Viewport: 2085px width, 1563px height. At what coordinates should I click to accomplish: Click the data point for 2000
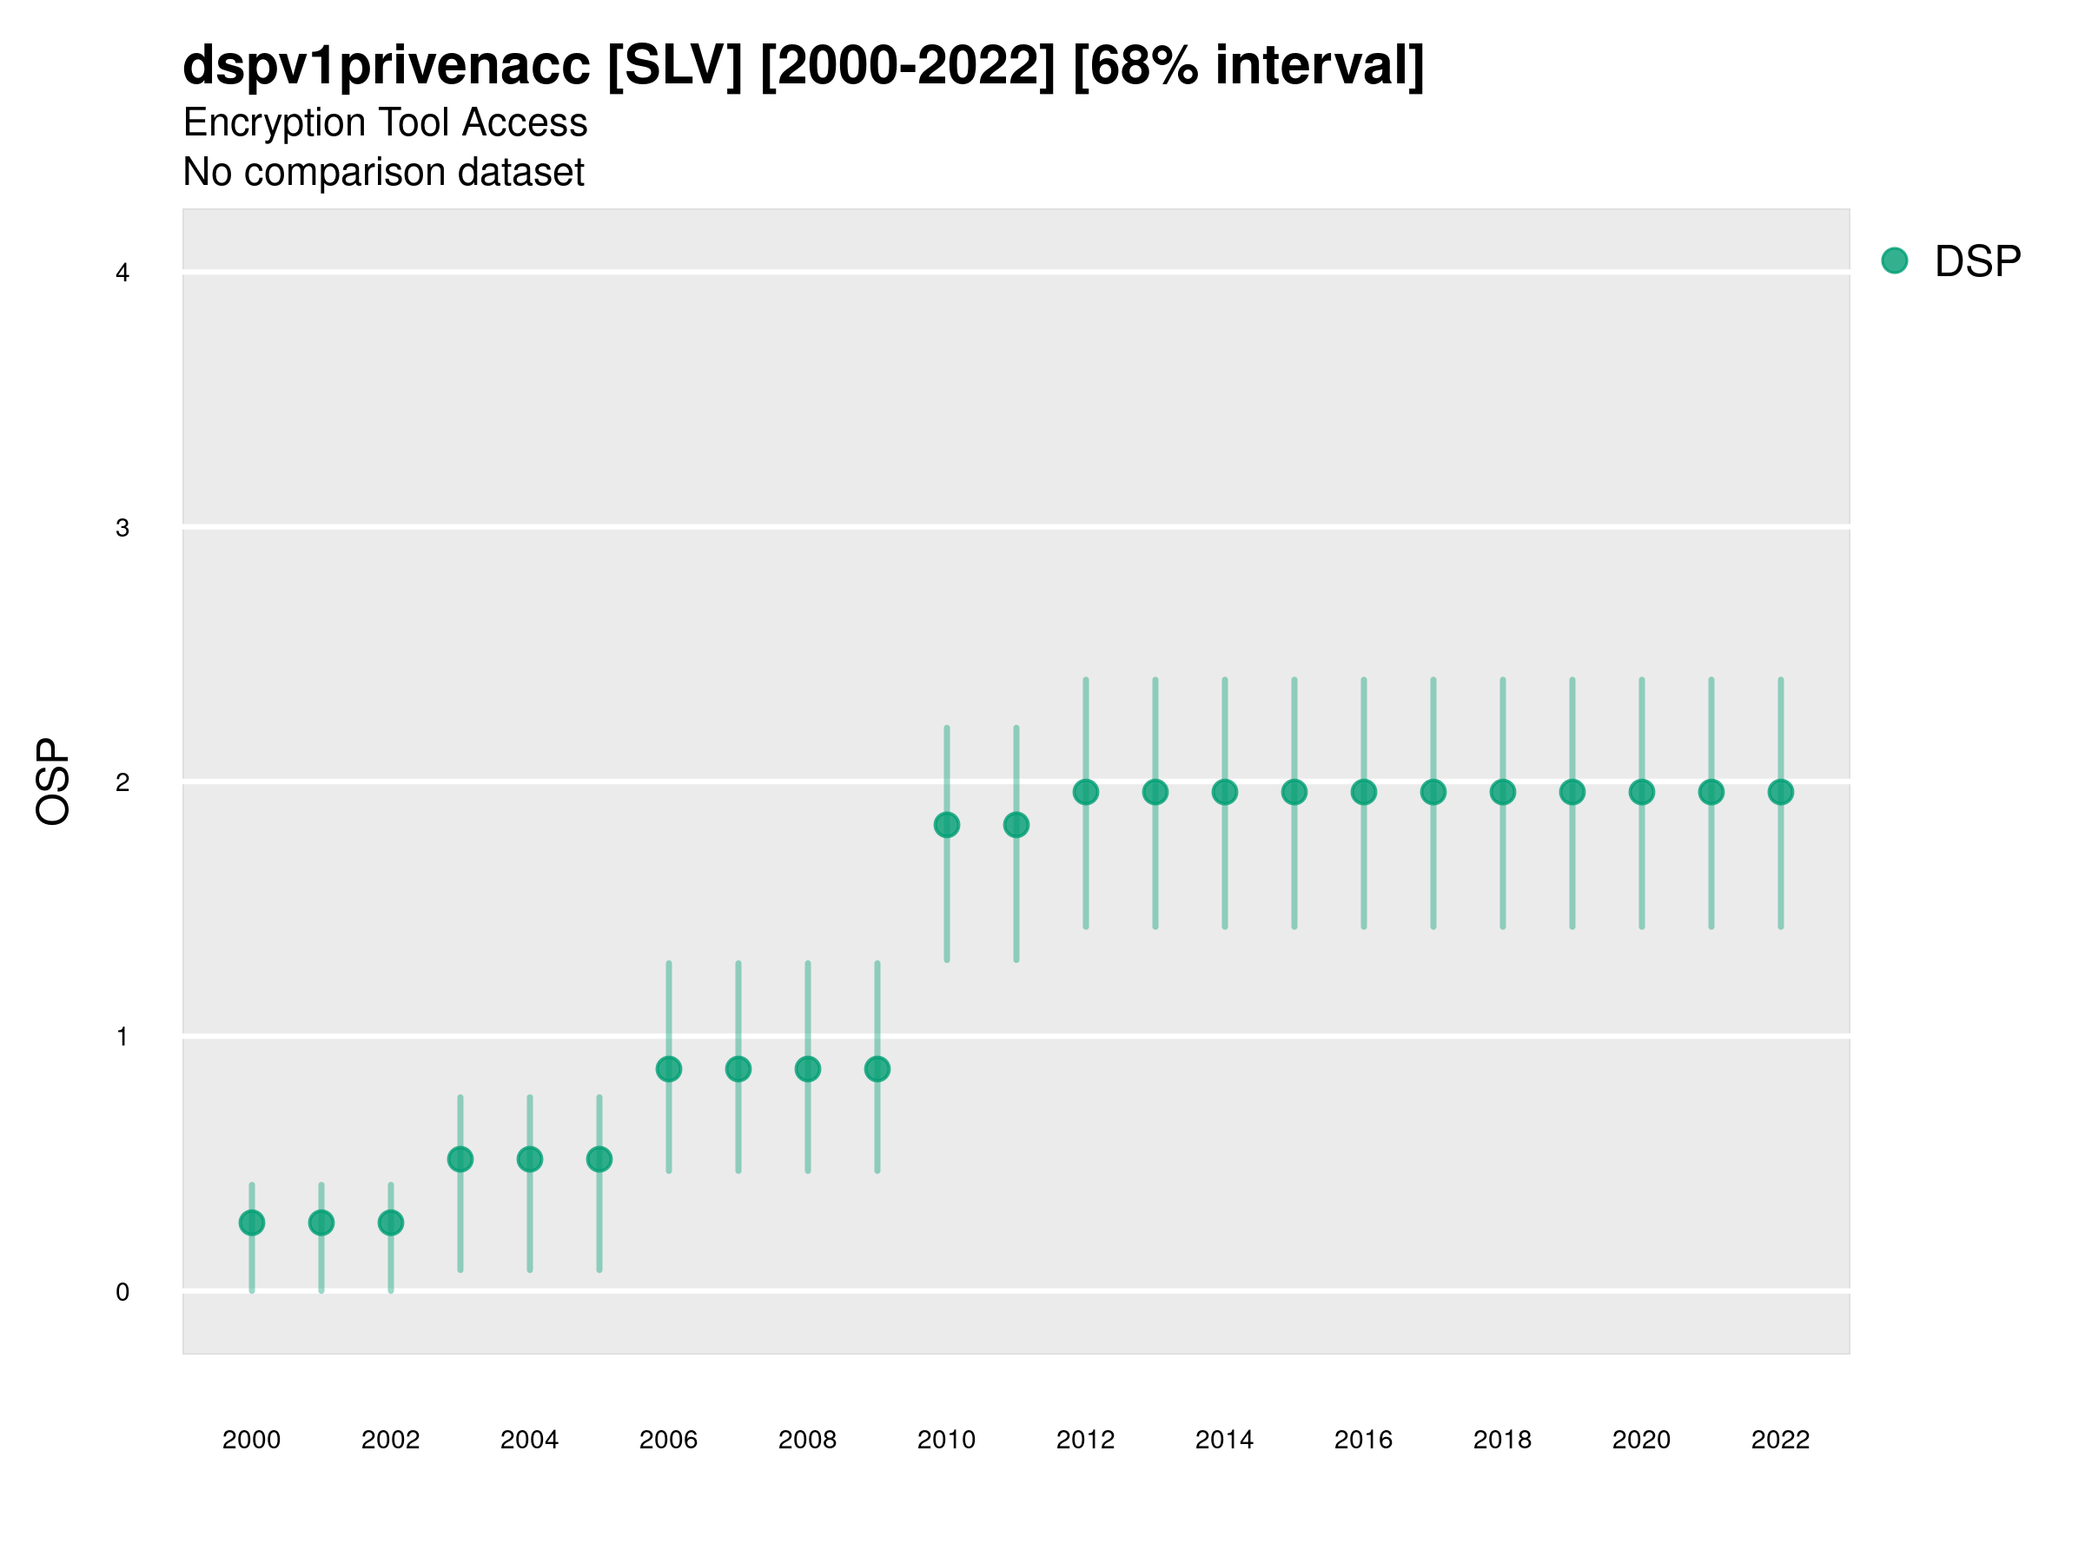point(252,1223)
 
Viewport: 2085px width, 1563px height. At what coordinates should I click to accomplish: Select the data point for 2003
point(460,1159)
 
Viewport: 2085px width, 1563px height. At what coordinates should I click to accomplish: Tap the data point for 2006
point(668,1069)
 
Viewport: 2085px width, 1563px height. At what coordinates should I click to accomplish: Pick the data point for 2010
point(946,825)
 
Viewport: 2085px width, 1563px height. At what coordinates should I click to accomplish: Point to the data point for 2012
point(1086,792)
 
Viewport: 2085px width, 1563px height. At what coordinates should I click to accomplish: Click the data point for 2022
point(1781,792)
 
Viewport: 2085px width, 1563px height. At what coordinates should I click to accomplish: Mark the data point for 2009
point(877,1069)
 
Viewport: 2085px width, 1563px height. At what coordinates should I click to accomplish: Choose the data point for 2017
point(1433,792)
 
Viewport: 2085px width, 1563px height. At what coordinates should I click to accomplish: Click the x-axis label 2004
point(529,1440)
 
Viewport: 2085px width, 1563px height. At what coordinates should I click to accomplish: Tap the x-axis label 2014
point(1224,1440)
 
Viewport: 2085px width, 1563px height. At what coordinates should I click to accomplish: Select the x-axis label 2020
point(1641,1440)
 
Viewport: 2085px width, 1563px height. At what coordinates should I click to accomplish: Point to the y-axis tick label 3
point(122,528)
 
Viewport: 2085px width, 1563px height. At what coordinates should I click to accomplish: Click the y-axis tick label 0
point(122,1292)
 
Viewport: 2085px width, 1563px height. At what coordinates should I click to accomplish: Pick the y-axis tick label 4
point(122,274)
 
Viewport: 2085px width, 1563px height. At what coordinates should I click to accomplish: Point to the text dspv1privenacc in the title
point(387,66)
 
